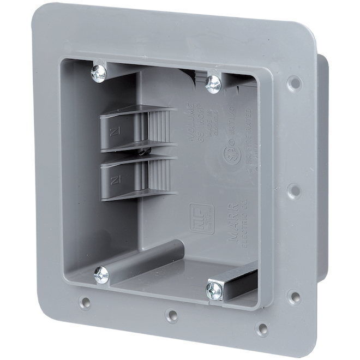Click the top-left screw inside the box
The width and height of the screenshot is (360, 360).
point(98,73)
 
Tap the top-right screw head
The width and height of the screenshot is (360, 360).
point(213,83)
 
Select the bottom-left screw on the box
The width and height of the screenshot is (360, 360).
point(101,275)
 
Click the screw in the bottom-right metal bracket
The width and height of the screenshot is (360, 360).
point(214,291)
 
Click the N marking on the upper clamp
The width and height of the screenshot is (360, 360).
point(116,131)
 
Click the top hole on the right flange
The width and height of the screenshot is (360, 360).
point(294,83)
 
